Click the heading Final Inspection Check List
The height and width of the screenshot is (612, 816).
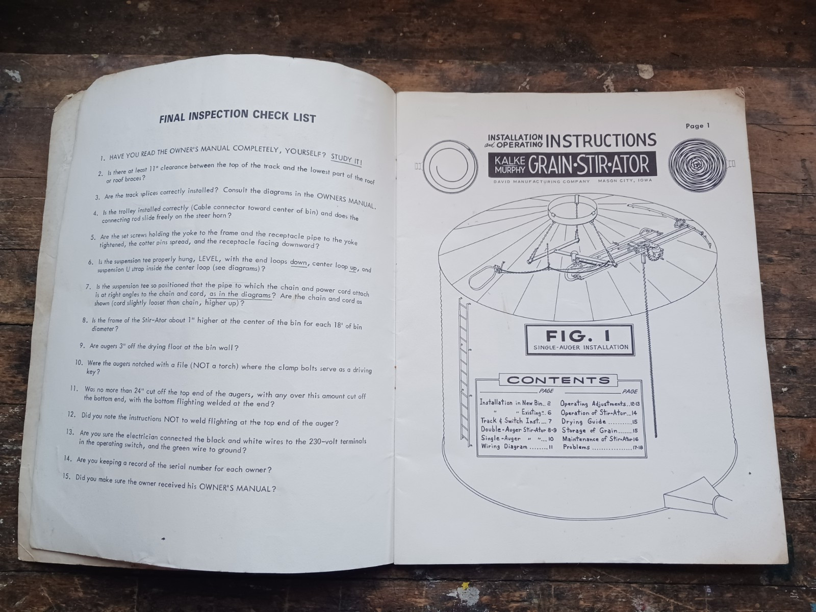point(238,116)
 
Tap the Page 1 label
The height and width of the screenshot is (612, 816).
point(697,125)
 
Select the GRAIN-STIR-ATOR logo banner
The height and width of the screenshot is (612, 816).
point(573,164)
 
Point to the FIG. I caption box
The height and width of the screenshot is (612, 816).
point(579,340)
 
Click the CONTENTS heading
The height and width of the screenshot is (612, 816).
point(558,380)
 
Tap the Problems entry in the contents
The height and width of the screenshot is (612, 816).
point(600,447)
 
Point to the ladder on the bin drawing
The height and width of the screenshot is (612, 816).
point(464,372)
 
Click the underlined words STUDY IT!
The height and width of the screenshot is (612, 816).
point(346,160)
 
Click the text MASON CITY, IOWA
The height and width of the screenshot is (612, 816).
point(625,181)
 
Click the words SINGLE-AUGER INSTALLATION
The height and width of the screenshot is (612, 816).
point(581,347)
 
